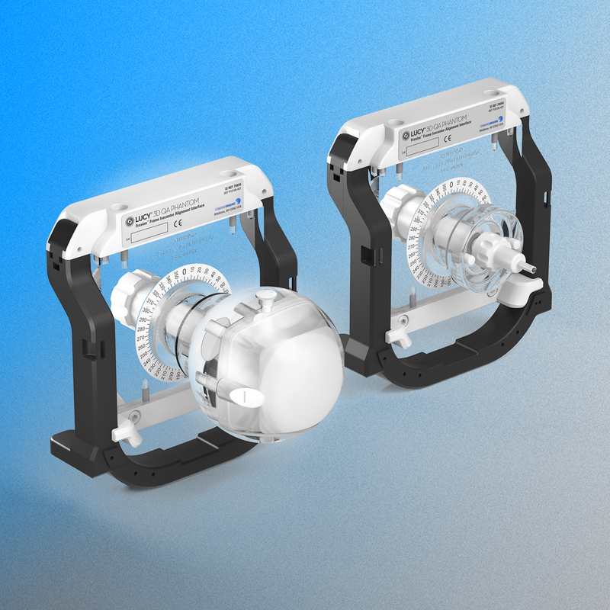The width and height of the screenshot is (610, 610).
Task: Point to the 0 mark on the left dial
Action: point(188,272)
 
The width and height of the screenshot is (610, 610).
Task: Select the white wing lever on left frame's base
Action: point(124,432)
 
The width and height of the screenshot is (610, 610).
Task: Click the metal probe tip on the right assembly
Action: point(533,268)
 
